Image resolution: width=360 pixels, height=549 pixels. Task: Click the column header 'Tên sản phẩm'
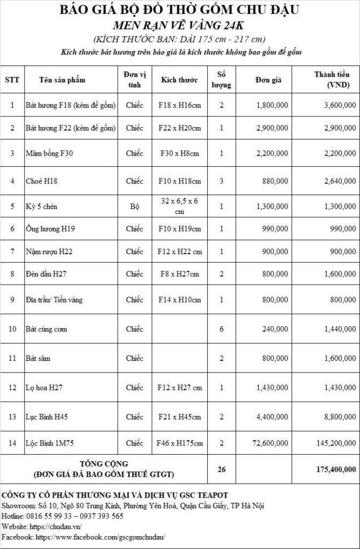click(62, 80)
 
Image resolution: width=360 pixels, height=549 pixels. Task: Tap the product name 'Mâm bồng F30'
click(49, 153)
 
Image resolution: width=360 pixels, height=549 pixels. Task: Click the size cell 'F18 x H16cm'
click(179, 106)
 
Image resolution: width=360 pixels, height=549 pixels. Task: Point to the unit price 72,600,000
click(269, 443)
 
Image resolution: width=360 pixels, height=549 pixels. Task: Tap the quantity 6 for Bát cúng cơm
click(221, 329)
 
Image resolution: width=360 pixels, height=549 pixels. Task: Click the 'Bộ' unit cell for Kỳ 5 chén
click(134, 206)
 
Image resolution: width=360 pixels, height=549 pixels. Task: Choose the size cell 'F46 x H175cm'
click(179, 443)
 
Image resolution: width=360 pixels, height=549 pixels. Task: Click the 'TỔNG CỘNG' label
click(104, 464)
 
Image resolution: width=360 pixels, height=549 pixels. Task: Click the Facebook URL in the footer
click(100, 537)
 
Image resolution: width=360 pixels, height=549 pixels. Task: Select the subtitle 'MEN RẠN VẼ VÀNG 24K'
click(179, 25)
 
